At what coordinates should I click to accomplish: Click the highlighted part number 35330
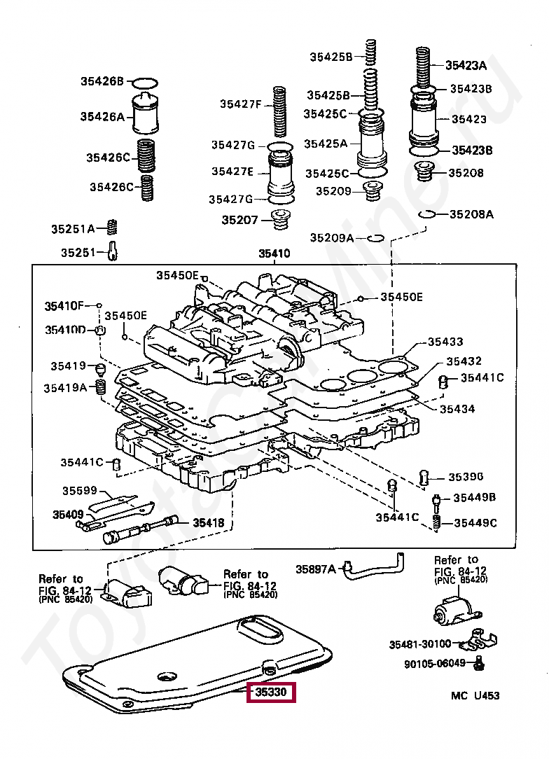[270, 692]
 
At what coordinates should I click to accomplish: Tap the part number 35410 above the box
[274, 253]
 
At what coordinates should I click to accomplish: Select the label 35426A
[103, 117]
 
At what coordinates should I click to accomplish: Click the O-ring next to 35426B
[145, 83]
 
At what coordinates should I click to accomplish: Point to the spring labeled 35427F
[280, 112]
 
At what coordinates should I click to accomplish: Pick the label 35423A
[466, 65]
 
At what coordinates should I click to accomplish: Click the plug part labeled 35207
[280, 221]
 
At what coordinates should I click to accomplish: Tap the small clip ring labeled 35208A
[426, 214]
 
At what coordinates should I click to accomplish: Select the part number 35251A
[73, 228]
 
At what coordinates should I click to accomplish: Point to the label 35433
[445, 342]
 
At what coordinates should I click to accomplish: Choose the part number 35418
[209, 522]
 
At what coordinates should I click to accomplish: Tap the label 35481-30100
[420, 644]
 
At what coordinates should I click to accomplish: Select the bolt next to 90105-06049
[479, 664]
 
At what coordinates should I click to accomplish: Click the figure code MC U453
[475, 695]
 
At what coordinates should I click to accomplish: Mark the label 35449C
[475, 523]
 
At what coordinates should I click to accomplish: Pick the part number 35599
[80, 491]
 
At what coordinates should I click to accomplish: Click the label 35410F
[64, 306]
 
